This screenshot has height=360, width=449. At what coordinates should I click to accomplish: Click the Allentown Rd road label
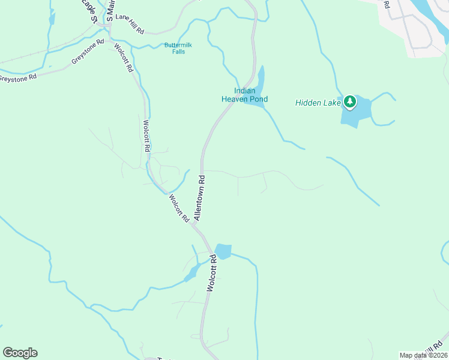[x=200, y=197]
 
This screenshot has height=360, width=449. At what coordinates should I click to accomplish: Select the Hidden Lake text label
[x=318, y=103]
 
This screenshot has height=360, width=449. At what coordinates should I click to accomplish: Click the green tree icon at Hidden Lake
[x=350, y=102]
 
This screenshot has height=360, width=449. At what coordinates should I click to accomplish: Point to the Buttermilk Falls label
[x=175, y=48]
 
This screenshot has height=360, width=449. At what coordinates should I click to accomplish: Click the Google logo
[x=20, y=353]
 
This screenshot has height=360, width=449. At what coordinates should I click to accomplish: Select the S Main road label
[x=110, y=10]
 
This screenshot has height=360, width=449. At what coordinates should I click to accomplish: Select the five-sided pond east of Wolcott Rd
[x=223, y=251]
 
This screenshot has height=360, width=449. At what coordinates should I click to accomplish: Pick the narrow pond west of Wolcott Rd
[x=192, y=273]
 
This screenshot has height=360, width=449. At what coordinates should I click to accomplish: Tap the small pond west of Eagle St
[x=52, y=18]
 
